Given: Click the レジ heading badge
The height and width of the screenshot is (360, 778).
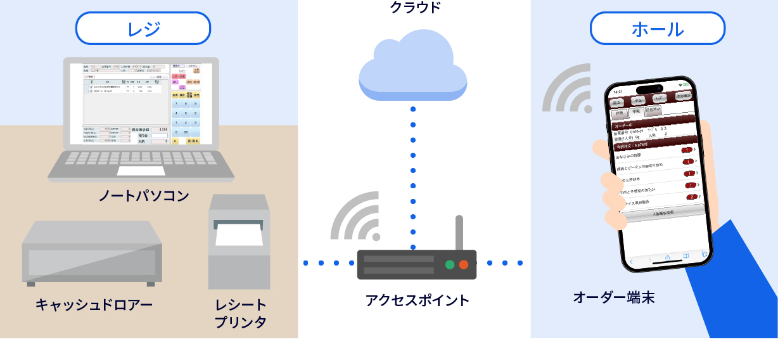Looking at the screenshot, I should coord(143,29).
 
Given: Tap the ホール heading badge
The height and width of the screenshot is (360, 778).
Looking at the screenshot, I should coord(658,29).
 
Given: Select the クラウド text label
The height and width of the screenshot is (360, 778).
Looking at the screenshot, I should coord(414,8).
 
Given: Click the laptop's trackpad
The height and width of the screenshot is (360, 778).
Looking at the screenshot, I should coord(141,170).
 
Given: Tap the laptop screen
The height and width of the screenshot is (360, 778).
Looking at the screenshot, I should coord(141,104).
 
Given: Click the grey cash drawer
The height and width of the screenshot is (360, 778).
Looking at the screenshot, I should coord(92,252).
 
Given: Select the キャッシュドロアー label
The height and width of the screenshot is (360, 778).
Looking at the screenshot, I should coord(94,305).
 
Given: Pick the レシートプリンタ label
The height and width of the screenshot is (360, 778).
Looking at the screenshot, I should coord(240,314).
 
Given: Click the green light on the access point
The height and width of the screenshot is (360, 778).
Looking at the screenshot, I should coord(450,264).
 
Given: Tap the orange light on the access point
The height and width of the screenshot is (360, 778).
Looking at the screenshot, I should coord(464,264).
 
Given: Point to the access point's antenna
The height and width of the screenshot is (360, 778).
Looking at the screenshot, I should coord(459,233).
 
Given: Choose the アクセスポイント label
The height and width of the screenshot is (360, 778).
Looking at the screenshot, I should coord(417,300).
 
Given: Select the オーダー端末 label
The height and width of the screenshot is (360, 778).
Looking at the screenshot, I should coord(613,297).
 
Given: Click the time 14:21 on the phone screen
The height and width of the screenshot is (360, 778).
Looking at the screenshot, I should coord(618,92).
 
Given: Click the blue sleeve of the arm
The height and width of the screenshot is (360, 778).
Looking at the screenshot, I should coord(738,285).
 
